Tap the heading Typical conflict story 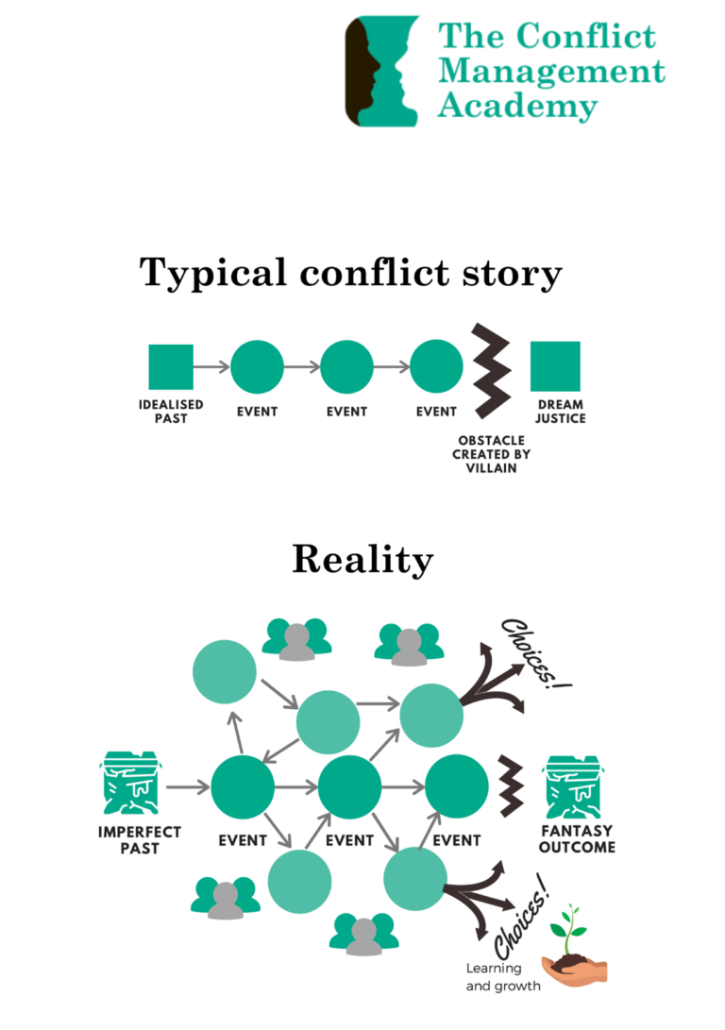[x=351, y=274]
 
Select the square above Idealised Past [x=171, y=367]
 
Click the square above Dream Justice [x=555, y=367]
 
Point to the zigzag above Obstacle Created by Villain [x=491, y=371]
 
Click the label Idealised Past [x=171, y=412]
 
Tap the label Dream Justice [x=560, y=412]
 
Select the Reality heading [x=362, y=559]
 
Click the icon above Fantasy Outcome [x=575, y=785]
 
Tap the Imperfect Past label [x=140, y=840]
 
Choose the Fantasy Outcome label [x=577, y=839]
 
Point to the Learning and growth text [x=503, y=977]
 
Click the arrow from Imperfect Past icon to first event [x=187, y=785]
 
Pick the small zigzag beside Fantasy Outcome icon [x=511, y=782]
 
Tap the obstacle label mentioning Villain [x=491, y=454]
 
